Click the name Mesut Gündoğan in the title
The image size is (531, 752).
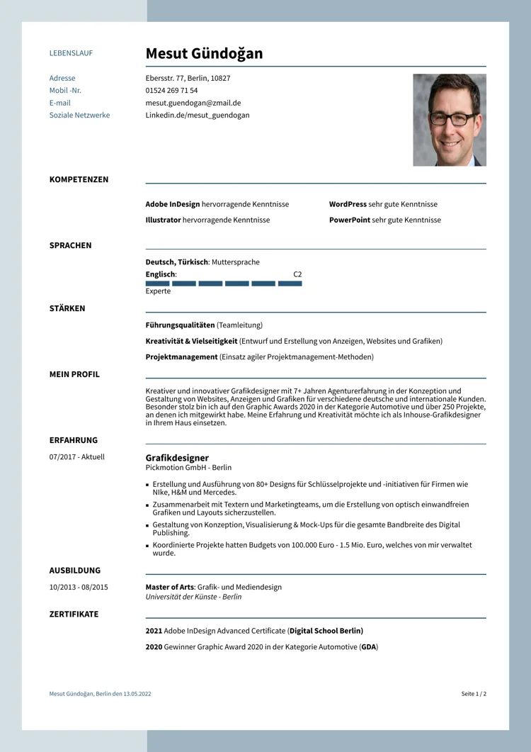click(204, 54)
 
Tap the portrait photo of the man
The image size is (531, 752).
click(450, 120)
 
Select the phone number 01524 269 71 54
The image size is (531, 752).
click(171, 91)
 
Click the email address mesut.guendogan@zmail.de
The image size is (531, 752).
click(193, 103)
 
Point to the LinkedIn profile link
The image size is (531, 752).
click(198, 115)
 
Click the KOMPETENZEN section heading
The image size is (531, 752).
click(79, 179)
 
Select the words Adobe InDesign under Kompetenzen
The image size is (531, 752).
click(173, 204)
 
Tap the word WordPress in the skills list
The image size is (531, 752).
click(348, 204)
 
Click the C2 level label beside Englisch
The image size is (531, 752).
click(297, 274)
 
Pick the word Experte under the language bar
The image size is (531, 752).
click(158, 291)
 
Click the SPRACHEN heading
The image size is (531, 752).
click(70, 245)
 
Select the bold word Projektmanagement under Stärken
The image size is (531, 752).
click(181, 357)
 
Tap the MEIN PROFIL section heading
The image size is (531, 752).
click(74, 374)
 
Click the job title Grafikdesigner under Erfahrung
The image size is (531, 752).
click(177, 458)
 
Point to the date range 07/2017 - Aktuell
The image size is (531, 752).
click(76, 457)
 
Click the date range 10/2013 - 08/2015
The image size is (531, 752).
click(79, 587)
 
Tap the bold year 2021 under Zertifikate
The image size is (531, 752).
click(154, 631)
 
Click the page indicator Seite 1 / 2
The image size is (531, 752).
click(474, 694)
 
